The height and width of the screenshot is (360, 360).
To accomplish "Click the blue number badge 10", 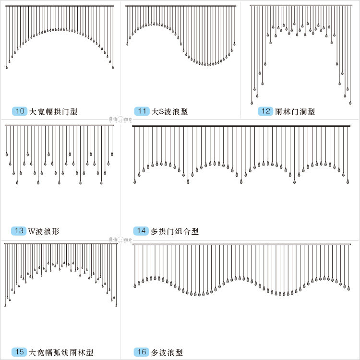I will (x=20, y=111).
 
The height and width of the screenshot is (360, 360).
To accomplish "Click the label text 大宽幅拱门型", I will (x=53, y=112).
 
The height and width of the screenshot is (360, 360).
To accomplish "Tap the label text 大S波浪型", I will (x=169, y=112).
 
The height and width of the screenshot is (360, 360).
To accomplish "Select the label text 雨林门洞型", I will (x=295, y=112).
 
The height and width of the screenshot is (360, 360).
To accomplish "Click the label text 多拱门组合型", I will (x=174, y=231).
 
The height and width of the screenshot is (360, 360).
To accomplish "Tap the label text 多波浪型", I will (x=167, y=352).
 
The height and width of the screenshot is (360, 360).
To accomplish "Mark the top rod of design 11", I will (x=181, y=6).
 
